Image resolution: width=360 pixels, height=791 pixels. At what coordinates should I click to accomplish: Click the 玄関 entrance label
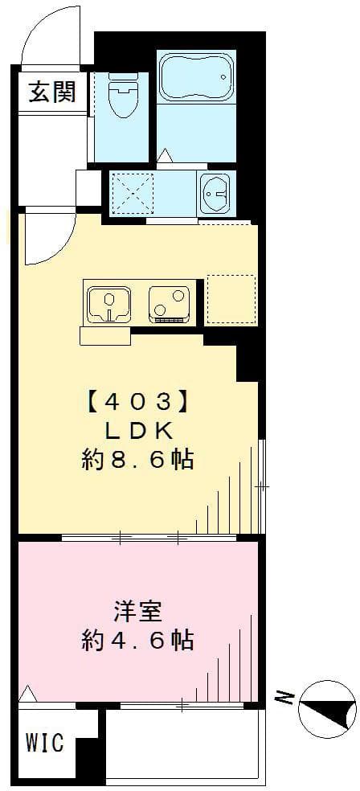(52, 92)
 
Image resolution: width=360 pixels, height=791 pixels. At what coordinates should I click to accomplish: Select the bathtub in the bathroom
(195, 76)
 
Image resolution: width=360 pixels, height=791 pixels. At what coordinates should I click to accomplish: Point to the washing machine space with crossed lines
(132, 193)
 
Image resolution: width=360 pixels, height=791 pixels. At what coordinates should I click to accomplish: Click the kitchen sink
(107, 304)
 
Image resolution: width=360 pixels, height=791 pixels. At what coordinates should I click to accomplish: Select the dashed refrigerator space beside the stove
(231, 300)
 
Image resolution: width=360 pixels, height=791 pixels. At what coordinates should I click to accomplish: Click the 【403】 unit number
(137, 400)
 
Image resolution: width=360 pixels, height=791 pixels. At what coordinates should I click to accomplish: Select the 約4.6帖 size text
(137, 641)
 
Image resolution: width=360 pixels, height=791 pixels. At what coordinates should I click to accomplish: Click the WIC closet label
(46, 744)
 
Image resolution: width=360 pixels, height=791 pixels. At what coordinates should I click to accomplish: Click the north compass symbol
(327, 708)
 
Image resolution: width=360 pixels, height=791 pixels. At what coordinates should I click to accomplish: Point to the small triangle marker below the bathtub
(165, 155)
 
